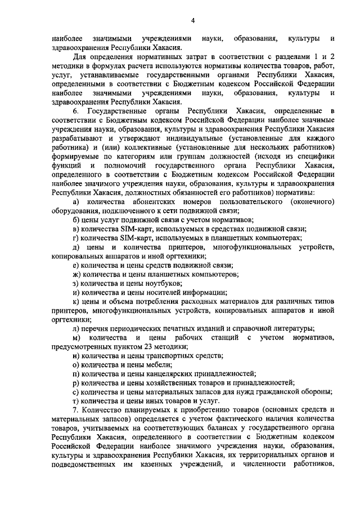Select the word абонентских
(148, 201)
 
